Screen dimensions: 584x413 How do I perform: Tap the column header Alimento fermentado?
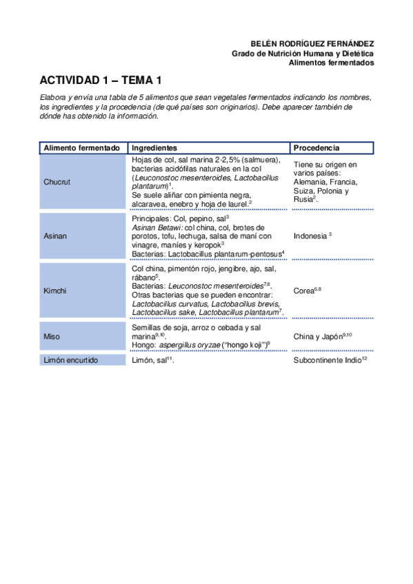coord(82,148)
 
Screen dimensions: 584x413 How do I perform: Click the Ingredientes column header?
coord(154,148)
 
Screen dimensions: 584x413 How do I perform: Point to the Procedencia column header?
coord(316,148)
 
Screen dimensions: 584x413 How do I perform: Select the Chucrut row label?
coord(57,182)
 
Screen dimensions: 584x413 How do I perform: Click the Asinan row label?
coord(55,236)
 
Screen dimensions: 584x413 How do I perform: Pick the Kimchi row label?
coord(55,291)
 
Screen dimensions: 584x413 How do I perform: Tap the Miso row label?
coord(52,337)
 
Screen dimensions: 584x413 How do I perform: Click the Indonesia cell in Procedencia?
coord(310,236)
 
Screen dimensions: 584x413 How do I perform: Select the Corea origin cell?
coord(305,291)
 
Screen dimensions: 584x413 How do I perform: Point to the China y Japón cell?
coord(321,336)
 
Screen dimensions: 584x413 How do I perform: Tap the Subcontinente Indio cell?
coord(326,360)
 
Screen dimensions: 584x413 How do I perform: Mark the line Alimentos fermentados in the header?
coord(331,62)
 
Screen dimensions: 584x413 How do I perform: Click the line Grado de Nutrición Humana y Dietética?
coord(303,52)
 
